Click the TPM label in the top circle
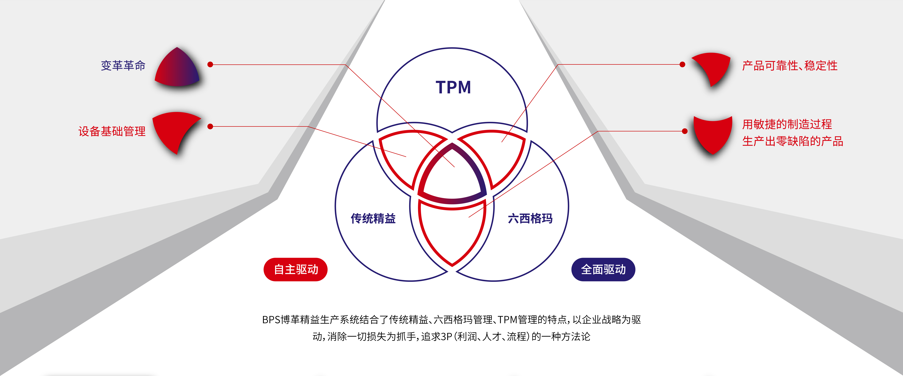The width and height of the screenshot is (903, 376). tap(453, 87)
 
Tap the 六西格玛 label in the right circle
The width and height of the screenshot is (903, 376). tap(530, 218)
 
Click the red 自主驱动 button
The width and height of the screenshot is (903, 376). tap(296, 270)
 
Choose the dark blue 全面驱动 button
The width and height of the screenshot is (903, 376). tap(603, 270)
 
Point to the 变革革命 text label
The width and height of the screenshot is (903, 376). tap(123, 66)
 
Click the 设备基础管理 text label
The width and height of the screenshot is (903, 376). tap(112, 131)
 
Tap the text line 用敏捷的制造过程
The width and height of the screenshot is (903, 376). tap(787, 124)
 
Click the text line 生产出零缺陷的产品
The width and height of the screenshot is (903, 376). tap(793, 141)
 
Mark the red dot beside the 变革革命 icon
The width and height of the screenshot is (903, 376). tap(210, 64)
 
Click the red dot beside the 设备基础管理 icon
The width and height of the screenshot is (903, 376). tap(210, 126)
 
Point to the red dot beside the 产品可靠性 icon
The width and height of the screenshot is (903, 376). tap(682, 64)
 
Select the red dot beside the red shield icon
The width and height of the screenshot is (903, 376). tap(685, 131)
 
